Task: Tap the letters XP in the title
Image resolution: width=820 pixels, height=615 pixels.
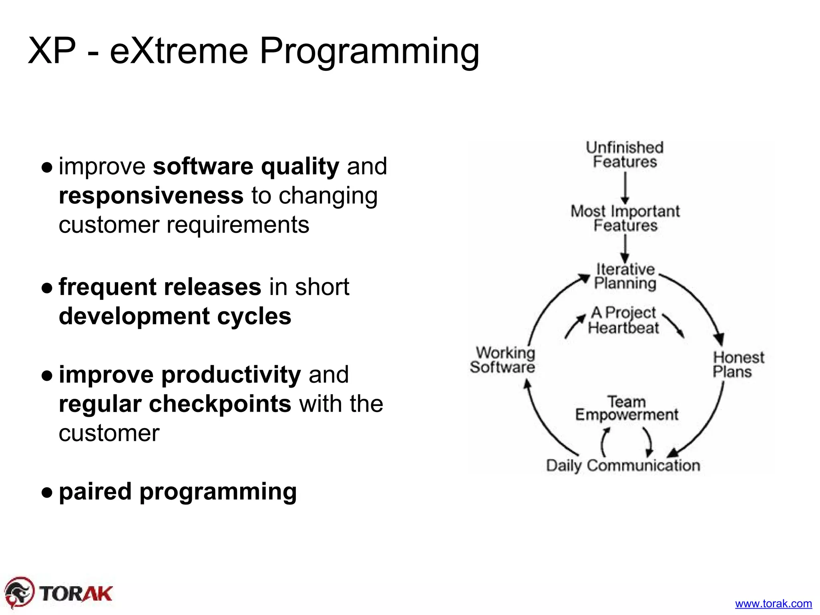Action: pyautogui.click(x=52, y=51)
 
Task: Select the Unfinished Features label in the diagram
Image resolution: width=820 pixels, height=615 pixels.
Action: pyautogui.click(x=625, y=155)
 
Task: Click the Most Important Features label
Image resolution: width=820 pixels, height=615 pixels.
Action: pyautogui.click(x=625, y=218)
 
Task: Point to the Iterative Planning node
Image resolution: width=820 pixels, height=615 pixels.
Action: pyautogui.click(x=625, y=276)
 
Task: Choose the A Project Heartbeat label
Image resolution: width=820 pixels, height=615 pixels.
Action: pyautogui.click(x=623, y=320)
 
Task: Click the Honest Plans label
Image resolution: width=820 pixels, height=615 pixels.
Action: pyautogui.click(x=738, y=364)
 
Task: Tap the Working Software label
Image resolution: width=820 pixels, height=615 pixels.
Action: pyautogui.click(x=503, y=360)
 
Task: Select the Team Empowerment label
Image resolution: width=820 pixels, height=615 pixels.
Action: pyautogui.click(x=627, y=408)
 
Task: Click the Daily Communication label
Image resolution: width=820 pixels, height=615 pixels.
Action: pyautogui.click(x=623, y=465)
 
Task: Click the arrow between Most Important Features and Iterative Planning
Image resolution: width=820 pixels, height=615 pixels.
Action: pyautogui.click(x=625, y=249)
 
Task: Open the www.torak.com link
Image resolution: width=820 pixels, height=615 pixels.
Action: pyautogui.click(x=773, y=603)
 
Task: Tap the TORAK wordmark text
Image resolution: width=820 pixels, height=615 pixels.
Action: pyautogui.click(x=76, y=593)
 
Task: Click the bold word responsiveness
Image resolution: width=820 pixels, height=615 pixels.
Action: pyautogui.click(x=151, y=195)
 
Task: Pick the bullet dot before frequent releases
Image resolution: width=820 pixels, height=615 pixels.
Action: pyautogui.click(x=47, y=287)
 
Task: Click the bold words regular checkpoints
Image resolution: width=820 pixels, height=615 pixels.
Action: pyautogui.click(x=175, y=404)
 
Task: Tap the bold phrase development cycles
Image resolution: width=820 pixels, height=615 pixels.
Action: pyautogui.click(x=175, y=316)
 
